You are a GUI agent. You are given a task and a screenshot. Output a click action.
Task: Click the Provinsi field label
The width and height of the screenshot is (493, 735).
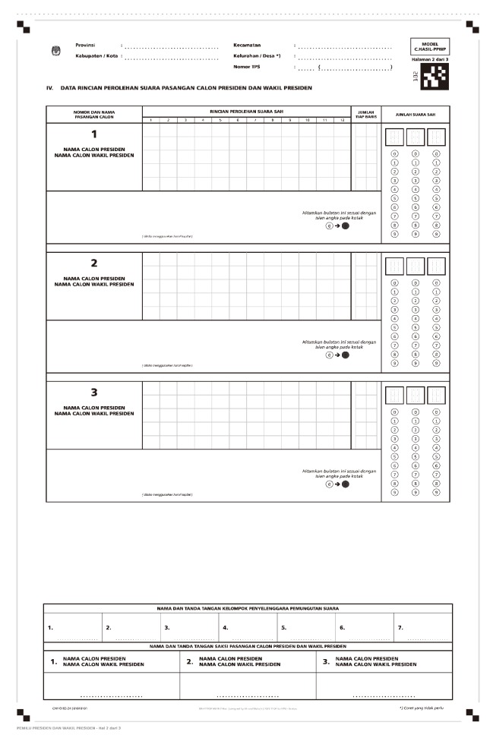[86, 46]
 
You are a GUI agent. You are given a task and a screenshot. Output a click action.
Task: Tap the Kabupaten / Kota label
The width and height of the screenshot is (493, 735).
[96, 56]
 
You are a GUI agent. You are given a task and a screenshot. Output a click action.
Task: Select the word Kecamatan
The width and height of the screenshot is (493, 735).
[247, 46]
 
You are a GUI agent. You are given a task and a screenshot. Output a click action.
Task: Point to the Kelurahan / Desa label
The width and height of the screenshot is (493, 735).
[257, 56]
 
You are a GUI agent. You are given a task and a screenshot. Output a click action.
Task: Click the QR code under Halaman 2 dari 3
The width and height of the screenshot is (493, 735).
[435, 74]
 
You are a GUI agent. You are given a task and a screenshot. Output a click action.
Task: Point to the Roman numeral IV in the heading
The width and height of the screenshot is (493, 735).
[50, 88]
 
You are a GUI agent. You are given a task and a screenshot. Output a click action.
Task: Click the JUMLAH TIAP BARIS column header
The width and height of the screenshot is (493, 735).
[366, 115]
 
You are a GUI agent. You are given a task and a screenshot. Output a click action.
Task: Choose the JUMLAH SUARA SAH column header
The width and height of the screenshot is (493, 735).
[415, 115]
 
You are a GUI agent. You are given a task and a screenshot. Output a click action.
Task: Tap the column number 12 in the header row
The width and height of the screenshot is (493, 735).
[342, 121]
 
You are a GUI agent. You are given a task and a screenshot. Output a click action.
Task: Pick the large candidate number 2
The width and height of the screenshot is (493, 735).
[94, 263]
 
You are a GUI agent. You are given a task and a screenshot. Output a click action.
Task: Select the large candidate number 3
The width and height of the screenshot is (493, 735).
[94, 393]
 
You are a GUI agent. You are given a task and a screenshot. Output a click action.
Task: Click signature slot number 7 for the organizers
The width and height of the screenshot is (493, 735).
[400, 628]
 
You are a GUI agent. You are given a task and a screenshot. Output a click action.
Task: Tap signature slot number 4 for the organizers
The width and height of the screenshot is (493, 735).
[225, 628]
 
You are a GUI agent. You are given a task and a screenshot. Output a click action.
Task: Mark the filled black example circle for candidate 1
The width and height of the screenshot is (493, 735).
[345, 226]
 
